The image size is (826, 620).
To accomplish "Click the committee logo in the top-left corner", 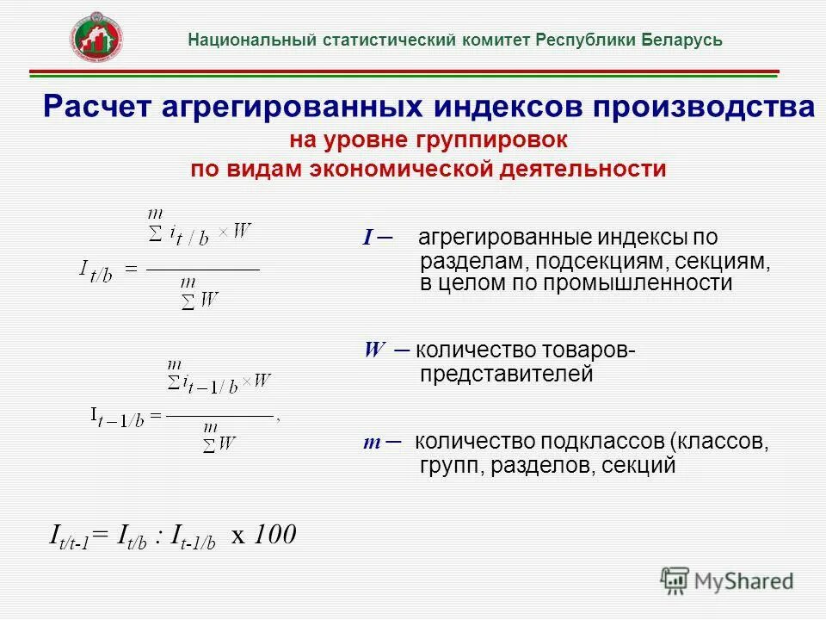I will pyautogui.click(x=96, y=36).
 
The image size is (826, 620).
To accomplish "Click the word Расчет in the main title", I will pyautogui.click(x=102, y=108).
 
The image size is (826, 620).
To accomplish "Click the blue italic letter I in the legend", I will pyautogui.click(x=367, y=239).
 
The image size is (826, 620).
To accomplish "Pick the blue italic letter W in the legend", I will pyautogui.click(x=374, y=350).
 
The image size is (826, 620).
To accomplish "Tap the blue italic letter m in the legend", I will pyautogui.click(x=372, y=443).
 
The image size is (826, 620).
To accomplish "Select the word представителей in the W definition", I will pyautogui.click(x=506, y=375).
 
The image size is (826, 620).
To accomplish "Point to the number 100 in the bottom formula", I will pyautogui.click(x=275, y=535).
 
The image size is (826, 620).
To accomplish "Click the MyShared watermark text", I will pyautogui.click(x=744, y=581).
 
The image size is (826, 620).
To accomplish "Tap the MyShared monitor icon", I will pyautogui.click(x=675, y=580).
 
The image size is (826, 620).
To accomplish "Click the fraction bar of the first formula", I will pyautogui.click(x=203, y=270).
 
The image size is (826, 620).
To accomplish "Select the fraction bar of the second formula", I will pyautogui.click(x=220, y=416).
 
